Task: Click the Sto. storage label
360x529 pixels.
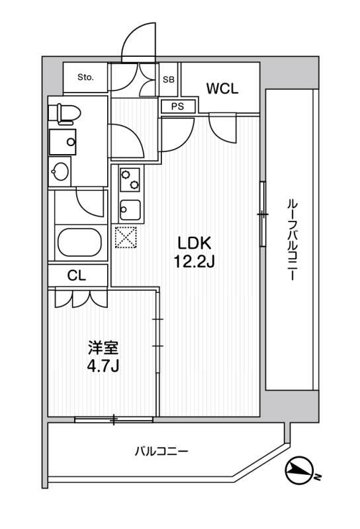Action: click(x=85, y=77)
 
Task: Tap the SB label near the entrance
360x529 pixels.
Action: click(x=169, y=79)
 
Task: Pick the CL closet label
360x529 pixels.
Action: click(x=77, y=276)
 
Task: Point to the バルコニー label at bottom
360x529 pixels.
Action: click(x=162, y=452)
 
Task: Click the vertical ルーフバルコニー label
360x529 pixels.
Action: click(x=291, y=241)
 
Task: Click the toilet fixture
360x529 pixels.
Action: click(x=65, y=114)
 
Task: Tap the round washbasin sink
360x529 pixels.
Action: click(x=61, y=172)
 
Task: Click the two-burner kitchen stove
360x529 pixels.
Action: click(x=130, y=179)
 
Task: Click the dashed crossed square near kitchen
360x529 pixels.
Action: click(x=125, y=237)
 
